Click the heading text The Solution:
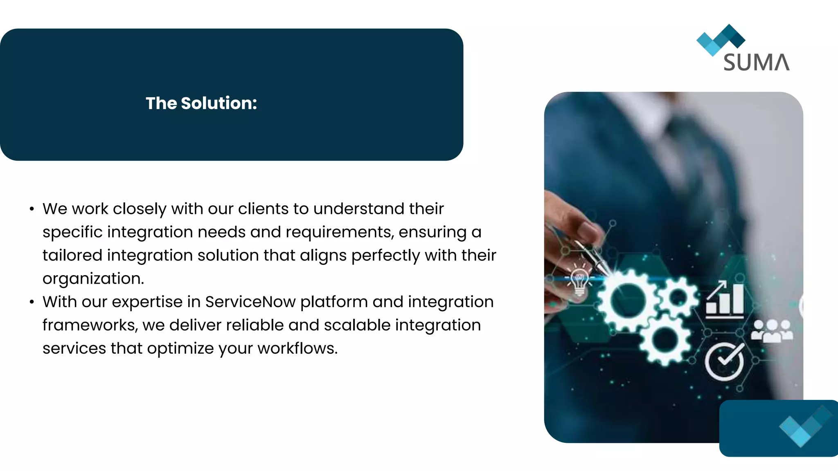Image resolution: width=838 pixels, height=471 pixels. coord(201,103)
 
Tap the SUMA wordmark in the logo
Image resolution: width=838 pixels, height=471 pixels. coord(756,63)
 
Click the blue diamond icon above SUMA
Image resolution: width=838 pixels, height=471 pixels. coord(721,40)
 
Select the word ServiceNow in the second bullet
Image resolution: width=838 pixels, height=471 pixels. coord(250,302)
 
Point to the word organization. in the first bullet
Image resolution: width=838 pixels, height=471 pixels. coord(93,278)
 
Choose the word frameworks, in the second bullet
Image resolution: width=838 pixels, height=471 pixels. coord(90,325)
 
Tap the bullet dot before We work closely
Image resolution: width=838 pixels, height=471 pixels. coord(32,209)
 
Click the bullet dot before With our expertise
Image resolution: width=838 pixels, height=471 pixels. coord(32,302)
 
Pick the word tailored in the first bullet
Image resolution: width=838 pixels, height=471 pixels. coord(72,255)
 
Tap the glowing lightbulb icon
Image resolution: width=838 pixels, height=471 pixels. coord(579,281)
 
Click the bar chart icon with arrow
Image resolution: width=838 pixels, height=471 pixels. coord(725,300)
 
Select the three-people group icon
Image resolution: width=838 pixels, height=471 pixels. coord(772,331)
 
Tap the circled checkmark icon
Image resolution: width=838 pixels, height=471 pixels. coord(725,361)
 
